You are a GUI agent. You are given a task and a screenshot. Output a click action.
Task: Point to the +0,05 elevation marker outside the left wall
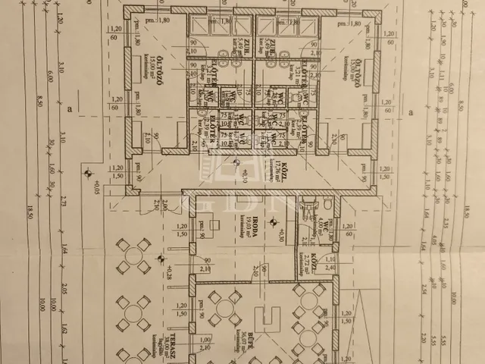96,187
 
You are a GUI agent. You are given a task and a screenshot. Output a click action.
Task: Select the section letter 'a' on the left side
70,111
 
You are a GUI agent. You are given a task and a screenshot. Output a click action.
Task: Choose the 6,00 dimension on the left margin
52,77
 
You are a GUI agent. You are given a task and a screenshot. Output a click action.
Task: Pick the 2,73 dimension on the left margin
62,199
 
